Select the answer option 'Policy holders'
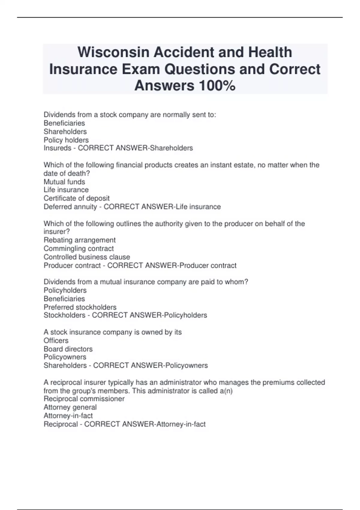pos(66,140)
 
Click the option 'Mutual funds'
pos(64,182)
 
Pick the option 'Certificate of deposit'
pos(76,198)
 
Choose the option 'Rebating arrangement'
pos(79,240)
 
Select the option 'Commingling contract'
pos(79,248)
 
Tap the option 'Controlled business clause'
pos(87,257)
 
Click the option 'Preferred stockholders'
pos(80,307)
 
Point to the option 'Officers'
pos(56,340)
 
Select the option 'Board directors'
pos(68,349)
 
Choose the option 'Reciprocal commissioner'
pos(84,399)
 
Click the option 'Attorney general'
pos(70,407)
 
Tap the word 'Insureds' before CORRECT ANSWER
pos(57,148)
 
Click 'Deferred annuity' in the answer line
pos(70,207)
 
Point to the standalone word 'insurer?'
pos(57,232)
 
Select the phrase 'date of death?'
pos(67,173)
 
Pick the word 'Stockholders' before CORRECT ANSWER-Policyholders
pos(64,315)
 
